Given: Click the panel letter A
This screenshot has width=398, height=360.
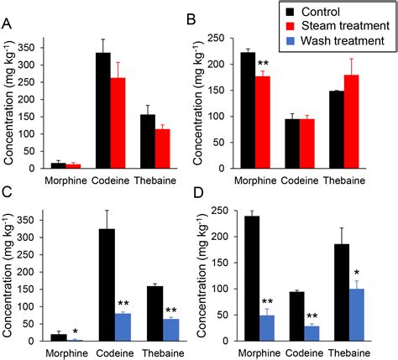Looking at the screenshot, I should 8,24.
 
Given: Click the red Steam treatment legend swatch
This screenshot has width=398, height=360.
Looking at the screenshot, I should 289,27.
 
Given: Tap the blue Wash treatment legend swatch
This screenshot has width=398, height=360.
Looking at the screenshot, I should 289,40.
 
